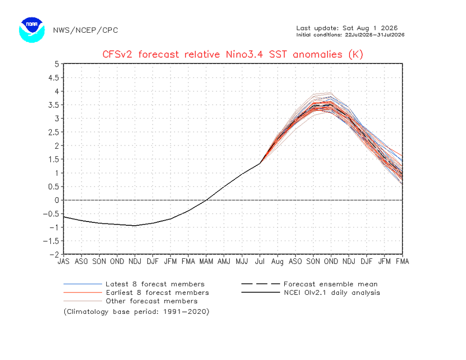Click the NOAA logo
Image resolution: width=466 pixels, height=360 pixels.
(32, 30)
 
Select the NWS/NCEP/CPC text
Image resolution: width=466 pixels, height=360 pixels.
(86, 30)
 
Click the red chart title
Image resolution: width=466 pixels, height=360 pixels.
(233, 55)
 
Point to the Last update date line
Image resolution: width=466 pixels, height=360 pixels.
(347, 28)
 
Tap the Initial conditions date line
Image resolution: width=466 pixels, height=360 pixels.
(350, 35)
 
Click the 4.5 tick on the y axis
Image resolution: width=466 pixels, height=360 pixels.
(54, 78)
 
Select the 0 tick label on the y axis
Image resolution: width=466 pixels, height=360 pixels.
(57, 200)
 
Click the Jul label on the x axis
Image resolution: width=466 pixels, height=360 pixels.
(260, 261)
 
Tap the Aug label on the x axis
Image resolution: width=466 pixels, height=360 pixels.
(277, 262)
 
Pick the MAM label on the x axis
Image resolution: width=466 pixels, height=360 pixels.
(206, 261)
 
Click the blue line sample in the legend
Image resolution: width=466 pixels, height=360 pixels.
(82, 284)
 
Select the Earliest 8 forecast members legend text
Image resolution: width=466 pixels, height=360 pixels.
(157, 293)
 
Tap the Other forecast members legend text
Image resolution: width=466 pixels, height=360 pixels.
(151, 301)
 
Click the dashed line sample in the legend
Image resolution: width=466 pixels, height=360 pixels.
(260, 284)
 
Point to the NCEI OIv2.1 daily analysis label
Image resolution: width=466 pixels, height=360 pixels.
(332, 293)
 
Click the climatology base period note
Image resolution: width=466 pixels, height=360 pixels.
(137, 312)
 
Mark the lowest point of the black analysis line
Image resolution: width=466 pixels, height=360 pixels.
(135, 226)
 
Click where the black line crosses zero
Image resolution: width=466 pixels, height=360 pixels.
(206, 200)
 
